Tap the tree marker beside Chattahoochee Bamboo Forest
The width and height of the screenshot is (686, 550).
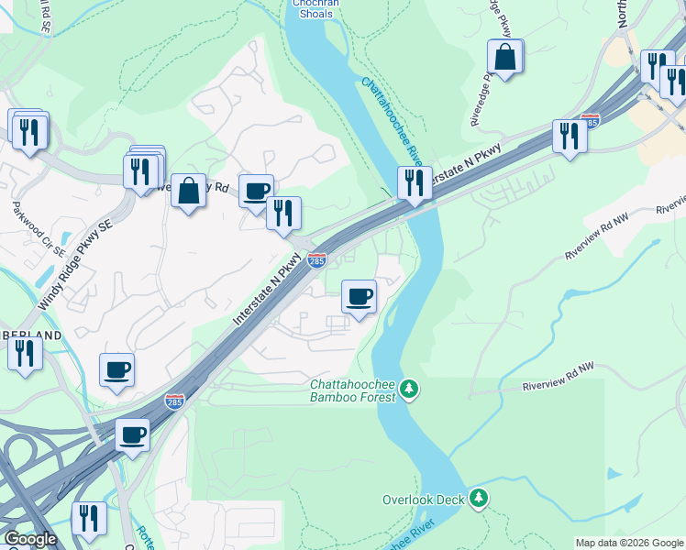point(410,390)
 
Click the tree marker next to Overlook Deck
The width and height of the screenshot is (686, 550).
point(478,499)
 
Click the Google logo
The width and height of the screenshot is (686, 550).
point(29,539)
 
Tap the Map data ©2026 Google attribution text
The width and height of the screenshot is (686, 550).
point(630,543)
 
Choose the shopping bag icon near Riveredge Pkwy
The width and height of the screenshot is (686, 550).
point(505,57)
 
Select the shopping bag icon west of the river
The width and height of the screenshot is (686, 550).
point(188,192)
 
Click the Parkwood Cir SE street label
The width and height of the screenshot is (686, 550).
point(39,227)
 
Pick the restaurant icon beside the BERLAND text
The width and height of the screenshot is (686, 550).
point(25,354)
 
